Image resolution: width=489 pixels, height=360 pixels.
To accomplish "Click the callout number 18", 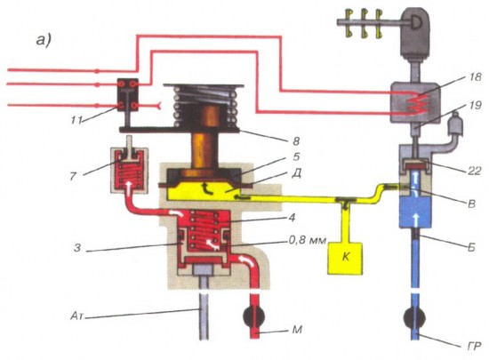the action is pyautogui.click(x=475, y=76).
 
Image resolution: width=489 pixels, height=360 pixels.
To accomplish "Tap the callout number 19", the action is pyautogui.click(x=475, y=106).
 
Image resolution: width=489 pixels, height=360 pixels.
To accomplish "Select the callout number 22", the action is pyautogui.click(x=474, y=171).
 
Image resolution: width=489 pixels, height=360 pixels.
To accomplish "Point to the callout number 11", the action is pyautogui.click(x=76, y=120).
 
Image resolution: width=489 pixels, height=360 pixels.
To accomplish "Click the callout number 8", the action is pyautogui.click(x=296, y=141).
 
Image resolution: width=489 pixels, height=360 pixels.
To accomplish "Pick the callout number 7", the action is pyautogui.click(x=73, y=176).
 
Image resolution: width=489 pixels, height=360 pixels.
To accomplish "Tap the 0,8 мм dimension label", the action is pyautogui.click(x=307, y=240).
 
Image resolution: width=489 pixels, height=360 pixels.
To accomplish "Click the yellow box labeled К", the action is pyautogui.click(x=345, y=259).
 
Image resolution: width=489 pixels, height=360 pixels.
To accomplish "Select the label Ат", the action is pyautogui.click(x=76, y=316).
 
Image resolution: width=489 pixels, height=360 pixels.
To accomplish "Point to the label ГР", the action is pyautogui.click(x=473, y=346).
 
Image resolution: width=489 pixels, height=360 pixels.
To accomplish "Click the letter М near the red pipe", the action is pyautogui.click(x=297, y=330).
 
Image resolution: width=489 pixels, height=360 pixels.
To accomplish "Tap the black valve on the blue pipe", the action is pyautogui.click(x=414, y=317).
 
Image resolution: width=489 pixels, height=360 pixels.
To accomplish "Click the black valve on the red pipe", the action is pyautogui.click(x=254, y=316).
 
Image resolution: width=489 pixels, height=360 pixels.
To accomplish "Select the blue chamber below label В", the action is pyautogui.click(x=416, y=212).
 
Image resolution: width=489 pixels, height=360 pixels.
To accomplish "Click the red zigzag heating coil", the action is pyautogui.click(x=418, y=103).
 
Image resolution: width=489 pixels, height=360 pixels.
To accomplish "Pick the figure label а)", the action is pyautogui.click(x=44, y=40).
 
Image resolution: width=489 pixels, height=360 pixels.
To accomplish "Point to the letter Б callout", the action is pyautogui.click(x=471, y=247).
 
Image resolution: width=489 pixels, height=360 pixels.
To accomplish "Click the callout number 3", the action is pyautogui.click(x=77, y=248).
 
